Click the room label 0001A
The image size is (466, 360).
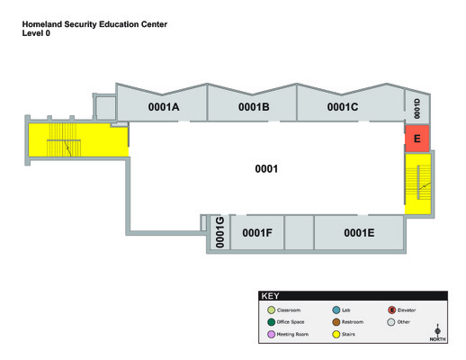pos(164,107)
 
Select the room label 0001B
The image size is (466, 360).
pos(254,107)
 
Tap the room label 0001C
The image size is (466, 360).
pos(343,107)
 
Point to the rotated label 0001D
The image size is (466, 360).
pos(417,109)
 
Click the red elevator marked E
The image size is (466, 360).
pos(417,139)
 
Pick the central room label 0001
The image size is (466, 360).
pos(266,169)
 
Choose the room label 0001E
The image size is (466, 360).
pos(359,233)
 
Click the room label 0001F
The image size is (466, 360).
pos(257,233)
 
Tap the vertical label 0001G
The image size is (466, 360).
pos(220,232)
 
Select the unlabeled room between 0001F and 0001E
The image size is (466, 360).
pos(299,232)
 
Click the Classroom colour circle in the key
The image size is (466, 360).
pos(272,310)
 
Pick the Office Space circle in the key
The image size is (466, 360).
pos(272,322)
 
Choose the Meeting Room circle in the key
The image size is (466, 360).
pos(272,334)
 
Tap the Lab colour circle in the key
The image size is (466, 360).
pos(336,310)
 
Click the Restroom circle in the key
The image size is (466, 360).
pos(336,322)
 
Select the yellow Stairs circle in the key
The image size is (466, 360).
pos(336,334)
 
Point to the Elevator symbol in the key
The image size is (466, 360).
pos(391,310)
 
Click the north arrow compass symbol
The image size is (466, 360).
pos(437,332)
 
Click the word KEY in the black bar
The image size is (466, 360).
pos(270,296)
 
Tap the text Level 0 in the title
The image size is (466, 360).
pos(36,33)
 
